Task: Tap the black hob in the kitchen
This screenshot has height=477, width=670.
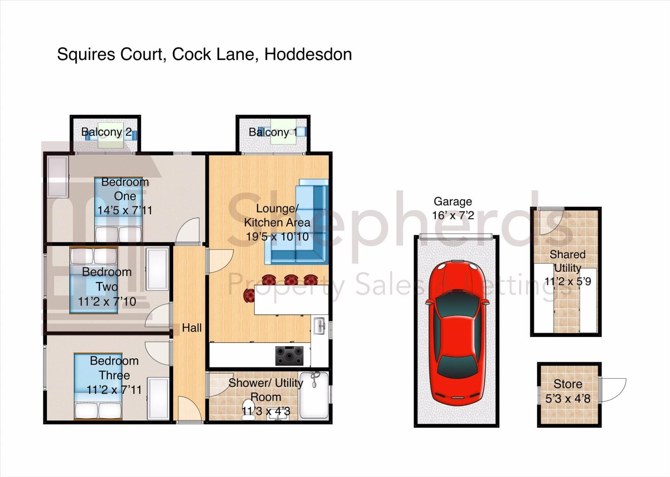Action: pyautogui.click(x=289, y=356)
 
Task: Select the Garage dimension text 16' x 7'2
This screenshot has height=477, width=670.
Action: pyautogui.click(x=453, y=215)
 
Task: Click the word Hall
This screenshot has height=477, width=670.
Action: pyautogui.click(x=192, y=328)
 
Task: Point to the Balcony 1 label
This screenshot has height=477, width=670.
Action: pyautogui.click(x=273, y=132)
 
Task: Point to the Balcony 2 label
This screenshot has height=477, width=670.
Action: pyautogui.click(x=107, y=132)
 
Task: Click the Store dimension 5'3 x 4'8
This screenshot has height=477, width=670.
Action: pyautogui.click(x=568, y=398)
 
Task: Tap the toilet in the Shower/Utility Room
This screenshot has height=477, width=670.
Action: pyautogui.click(x=248, y=410)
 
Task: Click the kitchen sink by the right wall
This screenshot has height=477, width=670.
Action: pyautogui.click(x=320, y=326)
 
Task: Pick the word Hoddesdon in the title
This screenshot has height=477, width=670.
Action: pyautogui.click(x=308, y=54)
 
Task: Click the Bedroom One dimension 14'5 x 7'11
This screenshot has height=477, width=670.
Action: pyautogui.click(x=125, y=210)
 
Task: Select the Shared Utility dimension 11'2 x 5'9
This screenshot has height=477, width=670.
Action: pyautogui.click(x=568, y=281)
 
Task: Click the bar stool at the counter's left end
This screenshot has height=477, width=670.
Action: pyautogui.click(x=249, y=295)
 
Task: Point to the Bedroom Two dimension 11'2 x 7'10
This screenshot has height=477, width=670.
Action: pyautogui.click(x=107, y=302)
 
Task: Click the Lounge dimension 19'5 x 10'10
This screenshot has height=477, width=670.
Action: pyautogui.click(x=277, y=237)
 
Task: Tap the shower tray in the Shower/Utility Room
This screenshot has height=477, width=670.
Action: pyautogui.click(x=314, y=395)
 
